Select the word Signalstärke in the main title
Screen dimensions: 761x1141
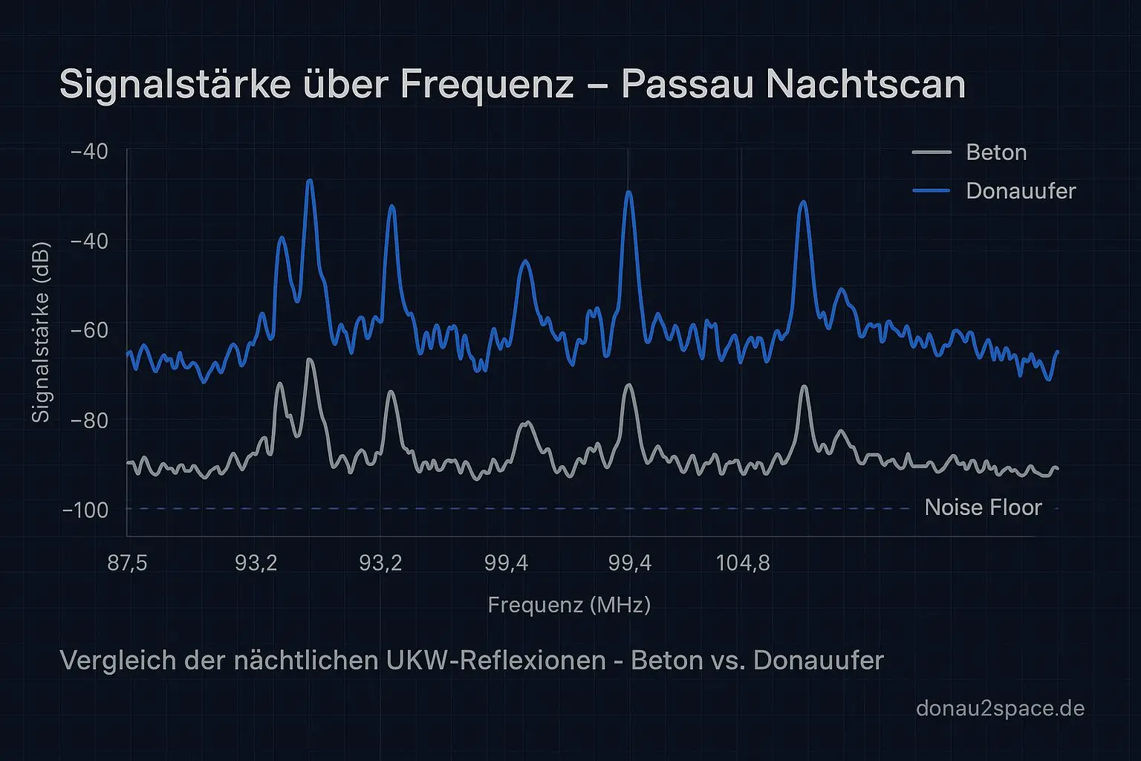coord(175,84)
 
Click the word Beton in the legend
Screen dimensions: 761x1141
coord(996,152)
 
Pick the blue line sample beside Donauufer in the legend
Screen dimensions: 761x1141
coord(932,191)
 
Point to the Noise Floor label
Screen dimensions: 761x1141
coord(983,508)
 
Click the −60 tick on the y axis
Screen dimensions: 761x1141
coord(88,330)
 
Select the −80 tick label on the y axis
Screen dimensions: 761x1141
coord(88,421)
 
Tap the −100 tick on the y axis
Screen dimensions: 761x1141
coord(85,511)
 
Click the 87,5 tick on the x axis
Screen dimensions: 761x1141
coord(127,563)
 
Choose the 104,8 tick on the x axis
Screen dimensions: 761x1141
coord(743,563)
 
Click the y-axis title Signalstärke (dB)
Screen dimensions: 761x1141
coord(40,332)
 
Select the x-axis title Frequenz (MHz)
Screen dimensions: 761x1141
coord(569,605)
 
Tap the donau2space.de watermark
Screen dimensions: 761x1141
coord(1000,708)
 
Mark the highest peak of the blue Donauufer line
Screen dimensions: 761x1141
coord(310,181)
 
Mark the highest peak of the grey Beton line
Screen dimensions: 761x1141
coord(310,360)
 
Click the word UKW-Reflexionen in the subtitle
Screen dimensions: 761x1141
coord(496,660)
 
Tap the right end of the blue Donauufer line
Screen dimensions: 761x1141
coord(1057,352)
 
